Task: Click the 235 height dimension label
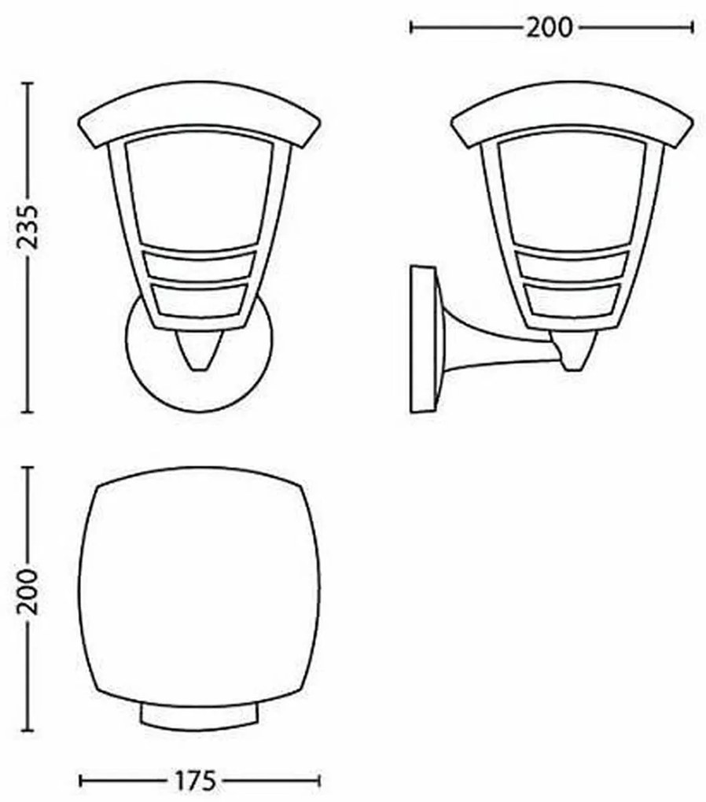click(x=28, y=228)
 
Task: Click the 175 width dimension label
click(x=194, y=781)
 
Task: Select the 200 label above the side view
click(x=550, y=28)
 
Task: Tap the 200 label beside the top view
click(x=28, y=592)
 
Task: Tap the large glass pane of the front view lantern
click(x=199, y=193)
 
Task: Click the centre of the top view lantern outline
click(x=199, y=586)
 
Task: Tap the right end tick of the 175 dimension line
click(x=319, y=781)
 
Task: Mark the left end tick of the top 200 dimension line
click(x=412, y=28)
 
